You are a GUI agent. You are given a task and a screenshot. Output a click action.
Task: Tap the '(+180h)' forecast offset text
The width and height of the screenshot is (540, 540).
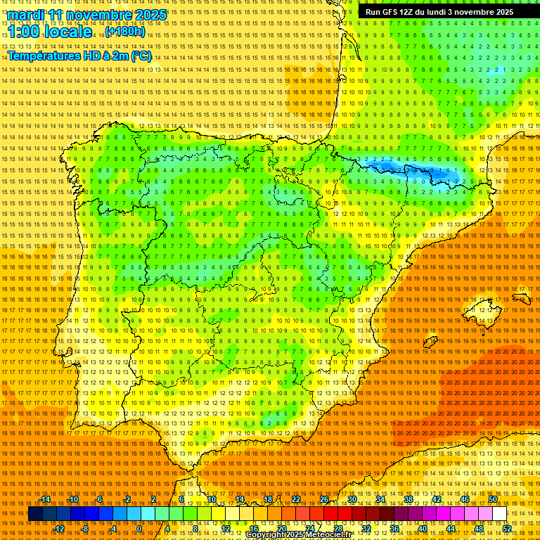point(125,32)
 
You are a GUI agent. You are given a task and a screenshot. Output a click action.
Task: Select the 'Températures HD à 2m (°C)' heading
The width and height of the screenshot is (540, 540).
point(79,56)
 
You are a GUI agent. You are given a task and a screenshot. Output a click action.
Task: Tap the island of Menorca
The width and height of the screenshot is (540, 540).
point(522,298)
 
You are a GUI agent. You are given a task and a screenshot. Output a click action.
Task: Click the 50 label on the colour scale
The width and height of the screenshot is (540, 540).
point(493,499)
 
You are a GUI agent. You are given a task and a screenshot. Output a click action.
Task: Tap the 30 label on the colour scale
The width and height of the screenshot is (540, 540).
point(352,499)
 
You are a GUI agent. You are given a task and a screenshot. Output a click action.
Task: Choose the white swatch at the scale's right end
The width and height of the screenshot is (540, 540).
point(499,514)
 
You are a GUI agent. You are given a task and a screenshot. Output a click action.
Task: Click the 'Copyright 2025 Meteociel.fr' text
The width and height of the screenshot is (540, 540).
point(298,535)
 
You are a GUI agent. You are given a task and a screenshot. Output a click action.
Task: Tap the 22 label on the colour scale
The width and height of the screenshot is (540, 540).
point(295,499)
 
